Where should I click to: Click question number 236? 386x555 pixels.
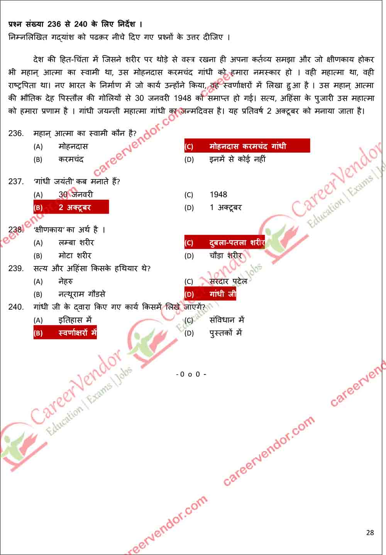16,134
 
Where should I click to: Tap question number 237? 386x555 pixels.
16,182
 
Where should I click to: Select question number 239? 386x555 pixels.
16,268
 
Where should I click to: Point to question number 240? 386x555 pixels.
16,307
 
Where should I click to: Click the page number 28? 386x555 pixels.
370,533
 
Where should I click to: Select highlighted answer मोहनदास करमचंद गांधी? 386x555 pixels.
247,146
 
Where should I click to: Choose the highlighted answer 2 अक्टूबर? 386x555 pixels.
71,207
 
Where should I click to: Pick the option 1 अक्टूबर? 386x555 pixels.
225,207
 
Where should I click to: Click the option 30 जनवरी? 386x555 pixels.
76,195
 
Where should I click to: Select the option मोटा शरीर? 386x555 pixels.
75,256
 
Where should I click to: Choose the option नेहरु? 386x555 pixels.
66,282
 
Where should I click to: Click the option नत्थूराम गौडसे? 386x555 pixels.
82,294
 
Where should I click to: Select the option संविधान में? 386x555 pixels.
227,320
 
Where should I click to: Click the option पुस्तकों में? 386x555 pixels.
225,333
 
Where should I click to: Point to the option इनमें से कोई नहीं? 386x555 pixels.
237,159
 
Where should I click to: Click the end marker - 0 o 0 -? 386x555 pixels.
191,374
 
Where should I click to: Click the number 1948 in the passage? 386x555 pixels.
182,98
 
